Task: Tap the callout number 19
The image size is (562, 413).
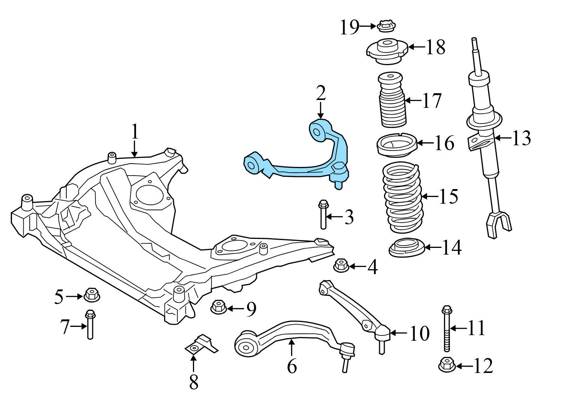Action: tap(349, 27)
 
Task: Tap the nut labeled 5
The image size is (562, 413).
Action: tap(91, 295)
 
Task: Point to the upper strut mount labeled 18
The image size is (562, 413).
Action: tap(386, 51)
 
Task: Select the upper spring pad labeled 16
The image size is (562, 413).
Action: tap(396, 145)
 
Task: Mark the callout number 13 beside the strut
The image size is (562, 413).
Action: tap(521, 138)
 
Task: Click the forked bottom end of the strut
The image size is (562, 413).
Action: tap(498, 224)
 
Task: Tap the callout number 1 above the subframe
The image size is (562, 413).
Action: tap(135, 132)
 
